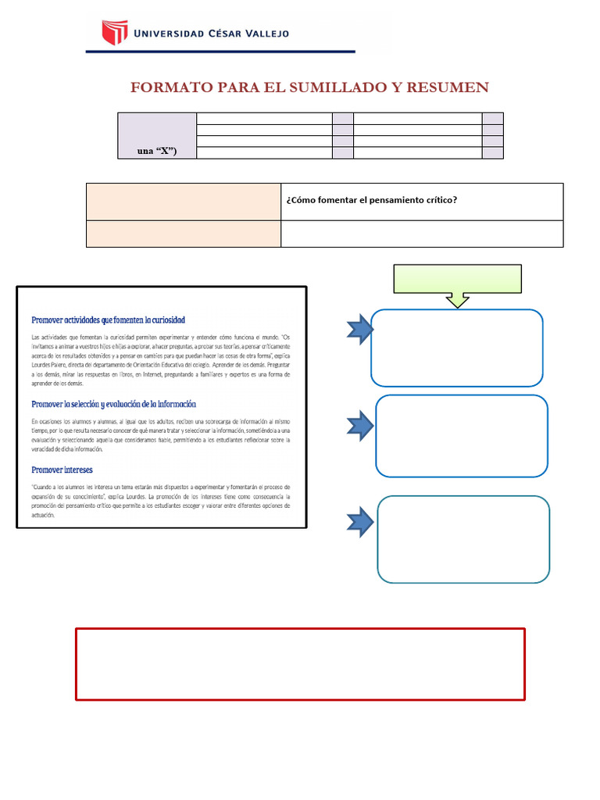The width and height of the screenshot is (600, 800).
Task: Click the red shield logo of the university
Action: (x=114, y=33)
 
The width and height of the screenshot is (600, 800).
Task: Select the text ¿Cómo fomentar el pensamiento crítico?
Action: (x=371, y=200)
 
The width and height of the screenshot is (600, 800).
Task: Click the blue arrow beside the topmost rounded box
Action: (x=360, y=329)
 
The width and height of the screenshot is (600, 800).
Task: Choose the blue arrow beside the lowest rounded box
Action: (x=360, y=521)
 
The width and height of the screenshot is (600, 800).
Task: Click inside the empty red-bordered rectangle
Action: (x=300, y=663)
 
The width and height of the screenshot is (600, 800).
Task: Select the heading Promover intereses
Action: (x=62, y=470)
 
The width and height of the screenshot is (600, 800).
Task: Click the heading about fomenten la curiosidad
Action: (x=108, y=320)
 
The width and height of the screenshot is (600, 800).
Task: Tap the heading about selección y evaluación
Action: (x=113, y=404)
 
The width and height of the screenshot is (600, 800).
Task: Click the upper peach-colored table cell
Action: (x=183, y=202)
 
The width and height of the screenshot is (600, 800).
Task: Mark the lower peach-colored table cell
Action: (x=183, y=234)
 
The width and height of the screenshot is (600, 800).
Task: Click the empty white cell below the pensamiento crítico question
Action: (x=422, y=234)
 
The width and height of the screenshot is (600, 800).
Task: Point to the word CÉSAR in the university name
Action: (x=208, y=34)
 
